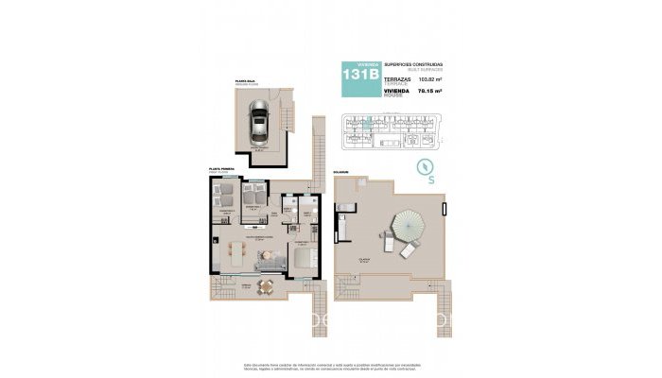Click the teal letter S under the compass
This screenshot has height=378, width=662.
click(431, 179)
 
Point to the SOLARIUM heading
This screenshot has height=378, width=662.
click(340, 172)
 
